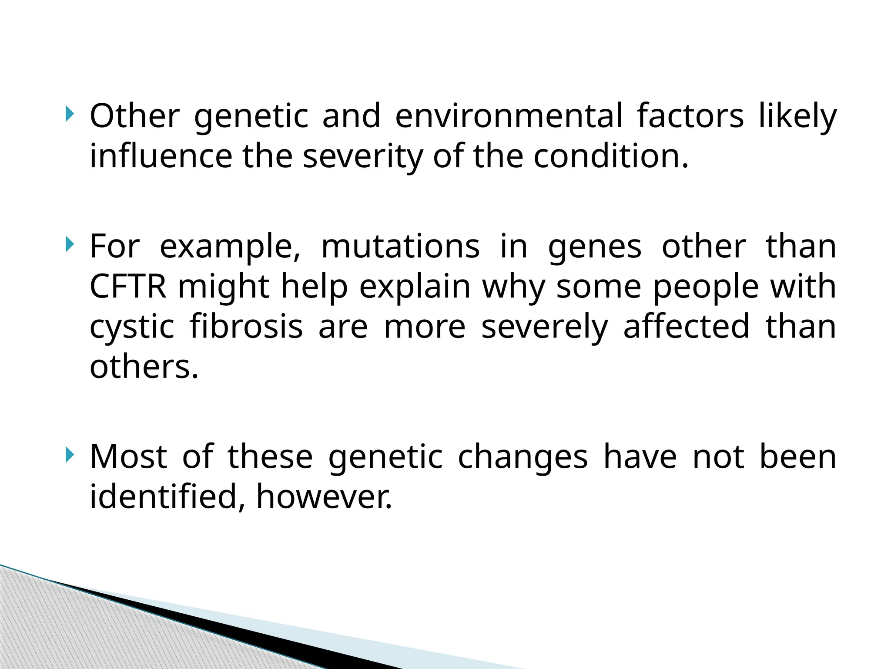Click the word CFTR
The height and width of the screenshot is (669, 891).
pyautogui.click(x=128, y=287)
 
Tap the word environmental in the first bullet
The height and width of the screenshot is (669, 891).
pyautogui.click(x=509, y=116)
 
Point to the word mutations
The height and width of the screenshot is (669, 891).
pyautogui.click(x=400, y=247)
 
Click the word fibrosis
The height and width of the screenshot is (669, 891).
pyautogui.click(x=246, y=327)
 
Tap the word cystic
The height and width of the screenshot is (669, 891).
pyautogui.click(x=132, y=328)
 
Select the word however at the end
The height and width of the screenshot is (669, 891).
pyautogui.click(x=324, y=497)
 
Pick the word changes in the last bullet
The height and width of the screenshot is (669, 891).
pyautogui.click(x=523, y=457)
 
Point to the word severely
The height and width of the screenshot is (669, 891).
pyautogui.click(x=544, y=328)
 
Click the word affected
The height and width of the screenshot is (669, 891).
pyautogui.click(x=686, y=327)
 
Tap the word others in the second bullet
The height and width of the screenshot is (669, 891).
pyautogui.click(x=144, y=367)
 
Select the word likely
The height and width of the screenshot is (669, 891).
pyautogui.click(x=797, y=116)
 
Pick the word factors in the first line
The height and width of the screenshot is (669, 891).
pyautogui.click(x=690, y=116)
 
